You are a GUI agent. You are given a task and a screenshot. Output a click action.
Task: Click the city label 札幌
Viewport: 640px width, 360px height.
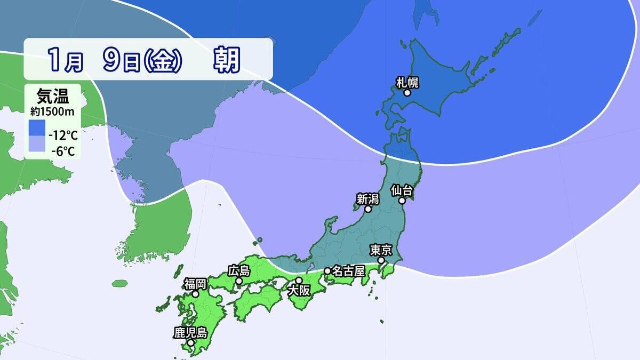coord(407,82)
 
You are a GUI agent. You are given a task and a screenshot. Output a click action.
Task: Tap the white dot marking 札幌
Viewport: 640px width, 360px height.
coord(407,93)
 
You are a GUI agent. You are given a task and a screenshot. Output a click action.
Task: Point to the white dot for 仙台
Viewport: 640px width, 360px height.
coord(402,201)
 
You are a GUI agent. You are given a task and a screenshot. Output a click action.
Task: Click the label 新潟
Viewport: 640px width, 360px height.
coord(367,199)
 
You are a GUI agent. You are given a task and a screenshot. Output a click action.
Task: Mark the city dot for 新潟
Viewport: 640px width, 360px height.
coord(368,210)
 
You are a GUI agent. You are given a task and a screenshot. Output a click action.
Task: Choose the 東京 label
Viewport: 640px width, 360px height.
coord(381,250)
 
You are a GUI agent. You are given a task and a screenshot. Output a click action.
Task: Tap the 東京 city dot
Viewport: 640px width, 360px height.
coord(382,260)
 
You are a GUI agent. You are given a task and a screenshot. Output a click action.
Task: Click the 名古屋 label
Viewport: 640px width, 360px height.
coord(348,271)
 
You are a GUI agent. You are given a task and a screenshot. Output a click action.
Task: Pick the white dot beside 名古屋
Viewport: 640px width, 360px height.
coord(327,271)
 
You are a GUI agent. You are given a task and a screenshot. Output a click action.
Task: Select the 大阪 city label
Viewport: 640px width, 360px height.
coord(298,291)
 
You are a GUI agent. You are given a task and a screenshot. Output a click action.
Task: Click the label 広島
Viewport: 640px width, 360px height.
coord(238,270)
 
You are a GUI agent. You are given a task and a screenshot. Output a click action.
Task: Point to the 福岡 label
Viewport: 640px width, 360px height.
coord(195,283)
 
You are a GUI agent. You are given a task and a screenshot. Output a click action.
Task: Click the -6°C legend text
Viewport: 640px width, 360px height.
coord(63,151)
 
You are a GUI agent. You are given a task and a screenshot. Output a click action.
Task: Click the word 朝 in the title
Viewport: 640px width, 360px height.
coord(228,60)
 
